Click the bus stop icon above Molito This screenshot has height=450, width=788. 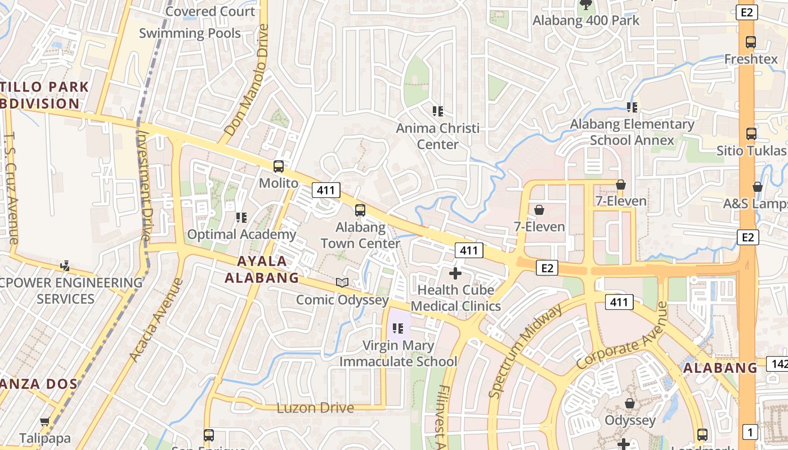pyautogui.click(x=279, y=166)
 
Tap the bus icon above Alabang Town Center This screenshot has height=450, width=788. pyautogui.click(x=360, y=210)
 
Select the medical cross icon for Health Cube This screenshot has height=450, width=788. pyautogui.click(x=455, y=274)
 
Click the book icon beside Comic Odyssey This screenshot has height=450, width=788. pyautogui.click(x=342, y=282)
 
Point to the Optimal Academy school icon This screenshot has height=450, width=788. pyautogui.click(x=241, y=217)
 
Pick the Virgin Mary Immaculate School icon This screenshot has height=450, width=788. pyautogui.click(x=398, y=328)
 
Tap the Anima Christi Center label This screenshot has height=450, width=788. pyautogui.click(x=438, y=136)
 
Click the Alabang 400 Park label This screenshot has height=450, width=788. pyautogui.click(x=586, y=21)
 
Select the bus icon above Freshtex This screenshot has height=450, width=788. pyautogui.click(x=751, y=42)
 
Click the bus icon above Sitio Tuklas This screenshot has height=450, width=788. pyautogui.click(x=751, y=134)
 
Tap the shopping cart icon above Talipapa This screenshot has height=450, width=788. pyautogui.click(x=45, y=421)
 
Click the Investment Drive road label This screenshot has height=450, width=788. pyautogui.click(x=145, y=186)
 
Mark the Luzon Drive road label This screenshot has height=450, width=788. pyautogui.click(x=315, y=408)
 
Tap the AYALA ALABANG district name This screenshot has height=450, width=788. pyautogui.click(x=262, y=269)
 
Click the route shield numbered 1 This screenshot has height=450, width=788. pyautogui.click(x=750, y=432)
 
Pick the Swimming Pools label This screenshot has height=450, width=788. pyautogui.click(x=190, y=33)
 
